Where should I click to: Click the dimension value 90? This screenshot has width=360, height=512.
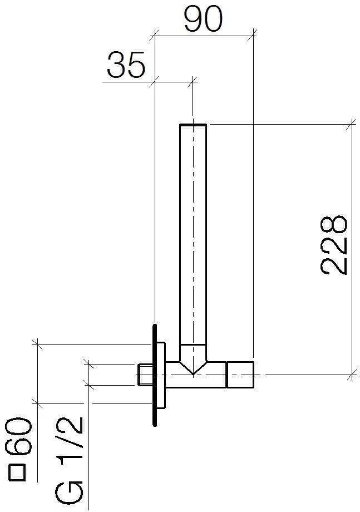(x=203, y=19)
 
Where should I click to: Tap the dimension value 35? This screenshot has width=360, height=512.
(x=126, y=65)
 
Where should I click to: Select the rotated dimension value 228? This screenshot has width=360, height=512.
(x=334, y=245)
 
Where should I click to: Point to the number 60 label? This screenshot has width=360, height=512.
(x=19, y=437)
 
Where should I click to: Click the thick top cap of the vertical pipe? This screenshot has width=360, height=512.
(x=193, y=125)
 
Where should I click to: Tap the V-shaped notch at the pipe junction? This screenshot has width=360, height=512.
(x=193, y=367)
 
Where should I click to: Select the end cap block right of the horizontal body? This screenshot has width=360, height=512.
(x=240, y=375)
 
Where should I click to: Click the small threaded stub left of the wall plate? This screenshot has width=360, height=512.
(x=145, y=375)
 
